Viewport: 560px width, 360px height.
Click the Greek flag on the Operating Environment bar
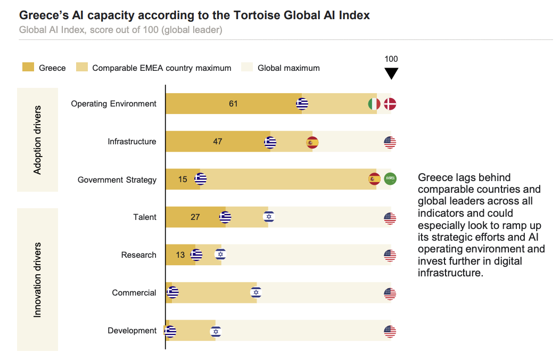pyautogui.click(x=302, y=104)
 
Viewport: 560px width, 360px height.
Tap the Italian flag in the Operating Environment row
pyautogui.click(x=374, y=104)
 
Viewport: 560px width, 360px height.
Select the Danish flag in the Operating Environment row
pyautogui.click(x=390, y=104)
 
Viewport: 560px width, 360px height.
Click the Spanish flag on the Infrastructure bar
pyautogui.click(x=312, y=142)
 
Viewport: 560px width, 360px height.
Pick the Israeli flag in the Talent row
pyautogui.click(x=269, y=217)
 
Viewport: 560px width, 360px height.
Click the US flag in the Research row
pyautogui.click(x=390, y=255)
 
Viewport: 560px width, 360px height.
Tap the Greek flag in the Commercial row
pyautogui.click(x=172, y=292)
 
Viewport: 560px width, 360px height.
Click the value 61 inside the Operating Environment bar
pyautogui.click(x=233, y=104)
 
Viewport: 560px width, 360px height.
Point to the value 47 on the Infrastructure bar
pyautogui.click(x=217, y=142)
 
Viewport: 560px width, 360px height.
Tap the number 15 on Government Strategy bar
pyautogui.click(x=183, y=179)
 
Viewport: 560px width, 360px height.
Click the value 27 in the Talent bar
pyautogui.click(x=195, y=217)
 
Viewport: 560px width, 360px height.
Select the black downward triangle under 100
pyautogui.click(x=391, y=73)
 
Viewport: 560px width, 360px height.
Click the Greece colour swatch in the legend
pyautogui.click(x=28, y=67)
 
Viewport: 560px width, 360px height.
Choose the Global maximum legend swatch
pyautogui.click(x=247, y=67)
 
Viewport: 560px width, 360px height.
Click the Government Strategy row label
pyautogui.click(x=117, y=180)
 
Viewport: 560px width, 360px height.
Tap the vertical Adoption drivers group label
pyautogui.click(x=37, y=140)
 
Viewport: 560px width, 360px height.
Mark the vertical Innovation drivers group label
pyautogui.click(x=37, y=280)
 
